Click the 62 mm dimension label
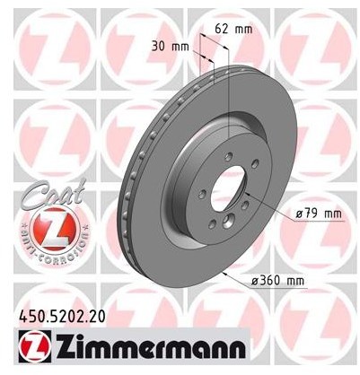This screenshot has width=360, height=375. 233,29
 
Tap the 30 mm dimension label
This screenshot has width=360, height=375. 171,47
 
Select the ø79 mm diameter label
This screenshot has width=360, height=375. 319,214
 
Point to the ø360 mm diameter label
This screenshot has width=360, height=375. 277,281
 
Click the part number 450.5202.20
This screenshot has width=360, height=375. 62,317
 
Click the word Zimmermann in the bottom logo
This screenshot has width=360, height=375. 150,345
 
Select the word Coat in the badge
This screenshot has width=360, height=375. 53,194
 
